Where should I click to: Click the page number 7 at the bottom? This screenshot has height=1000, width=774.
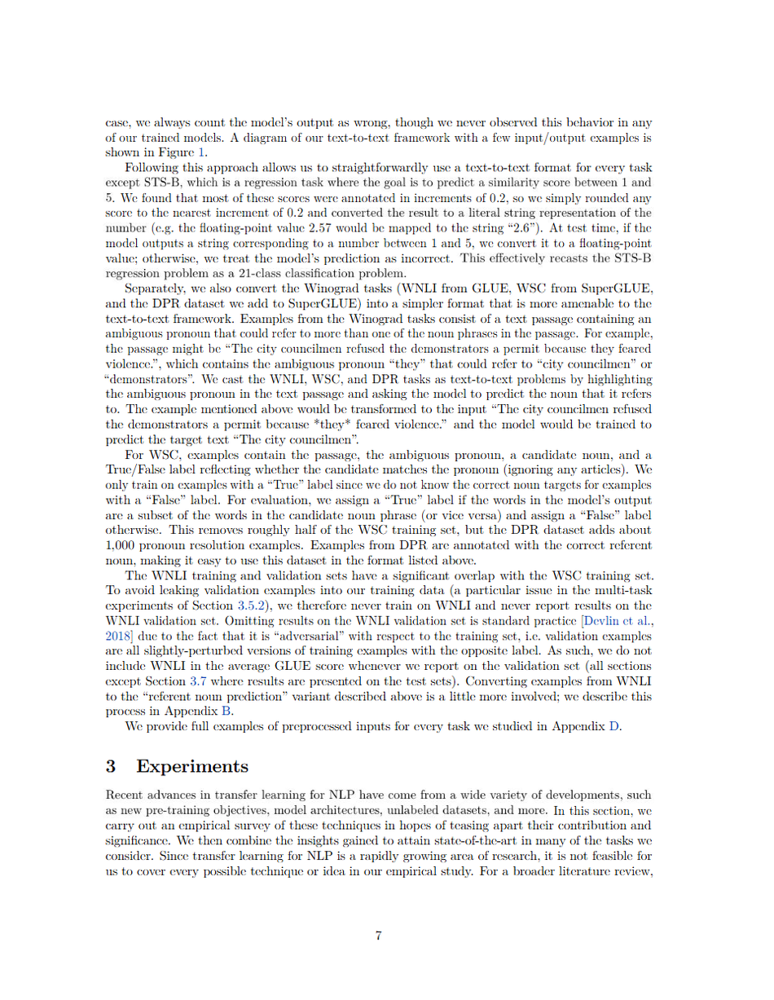click(379, 936)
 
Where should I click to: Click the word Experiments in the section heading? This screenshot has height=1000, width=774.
click(192, 766)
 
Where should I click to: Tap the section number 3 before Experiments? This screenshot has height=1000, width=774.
click(112, 766)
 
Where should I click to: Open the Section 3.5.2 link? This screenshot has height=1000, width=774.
click(293, 606)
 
